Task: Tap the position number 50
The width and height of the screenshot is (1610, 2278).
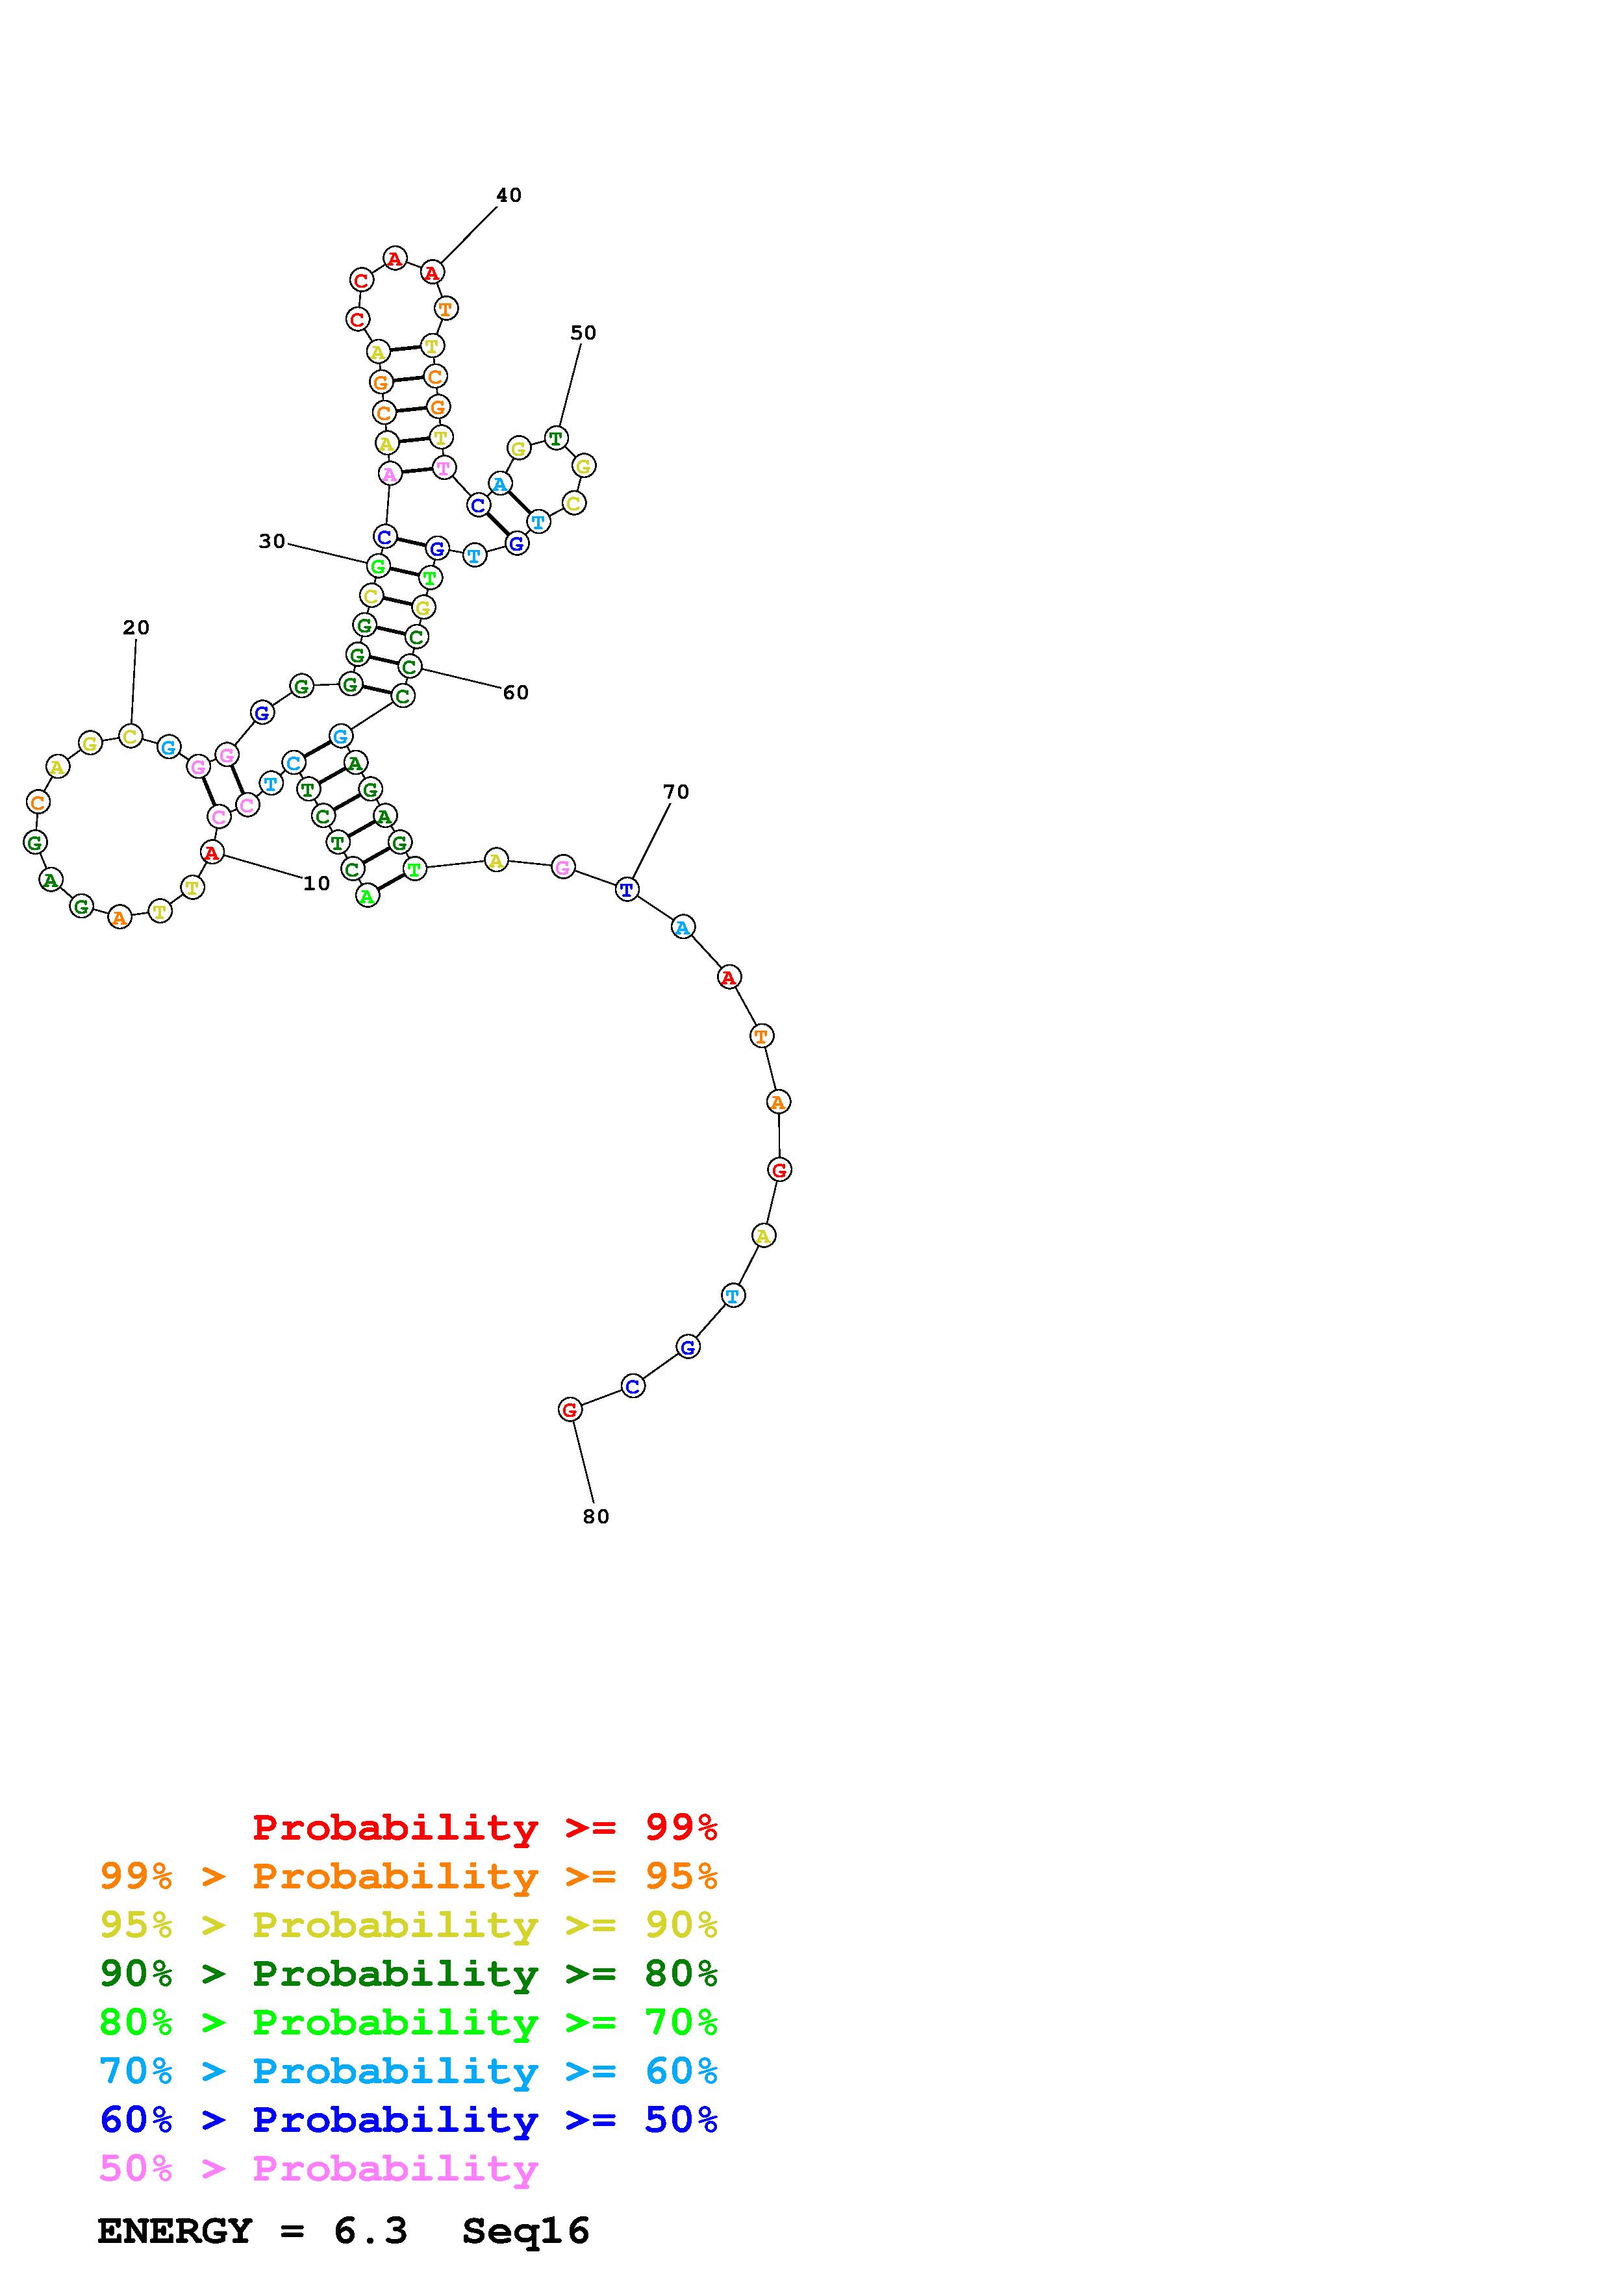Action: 583,332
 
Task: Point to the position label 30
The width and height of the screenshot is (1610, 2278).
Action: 272,541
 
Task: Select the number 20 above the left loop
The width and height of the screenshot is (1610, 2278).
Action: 136,627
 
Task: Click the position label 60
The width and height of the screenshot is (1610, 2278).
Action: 516,692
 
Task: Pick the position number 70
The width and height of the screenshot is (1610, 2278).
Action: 675,792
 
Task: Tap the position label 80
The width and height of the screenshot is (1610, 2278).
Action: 596,1516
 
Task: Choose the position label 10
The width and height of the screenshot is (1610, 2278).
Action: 316,883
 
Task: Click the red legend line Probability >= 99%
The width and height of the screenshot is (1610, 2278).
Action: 485,1827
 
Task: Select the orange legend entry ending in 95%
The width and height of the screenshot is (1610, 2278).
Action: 409,1875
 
